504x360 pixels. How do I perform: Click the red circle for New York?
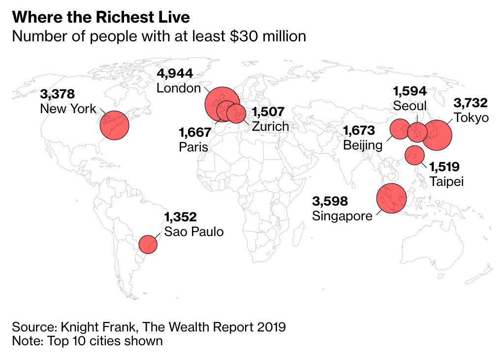tap(114, 125)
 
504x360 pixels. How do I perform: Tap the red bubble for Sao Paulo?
tap(148, 244)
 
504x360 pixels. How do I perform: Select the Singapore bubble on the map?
tap(391, 198)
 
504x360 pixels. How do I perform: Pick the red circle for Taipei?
tap(414, 155)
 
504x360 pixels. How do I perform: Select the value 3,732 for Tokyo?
tap(471, 103)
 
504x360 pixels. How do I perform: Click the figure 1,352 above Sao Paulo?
tap(181, 217)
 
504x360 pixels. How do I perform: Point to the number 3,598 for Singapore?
tap(330, 201)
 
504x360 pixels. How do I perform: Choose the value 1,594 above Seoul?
tap(409, 91)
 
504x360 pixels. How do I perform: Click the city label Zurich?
tap(270, 126)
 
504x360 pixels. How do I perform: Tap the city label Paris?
tap(193, 147)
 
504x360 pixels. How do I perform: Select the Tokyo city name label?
tap(472, 118)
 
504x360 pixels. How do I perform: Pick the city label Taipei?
tap(446, 181)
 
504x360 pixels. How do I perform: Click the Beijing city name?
tap(363, 145)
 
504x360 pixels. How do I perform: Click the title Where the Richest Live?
tap(101, 18)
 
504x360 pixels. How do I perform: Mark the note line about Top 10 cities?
tap(87, 340)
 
